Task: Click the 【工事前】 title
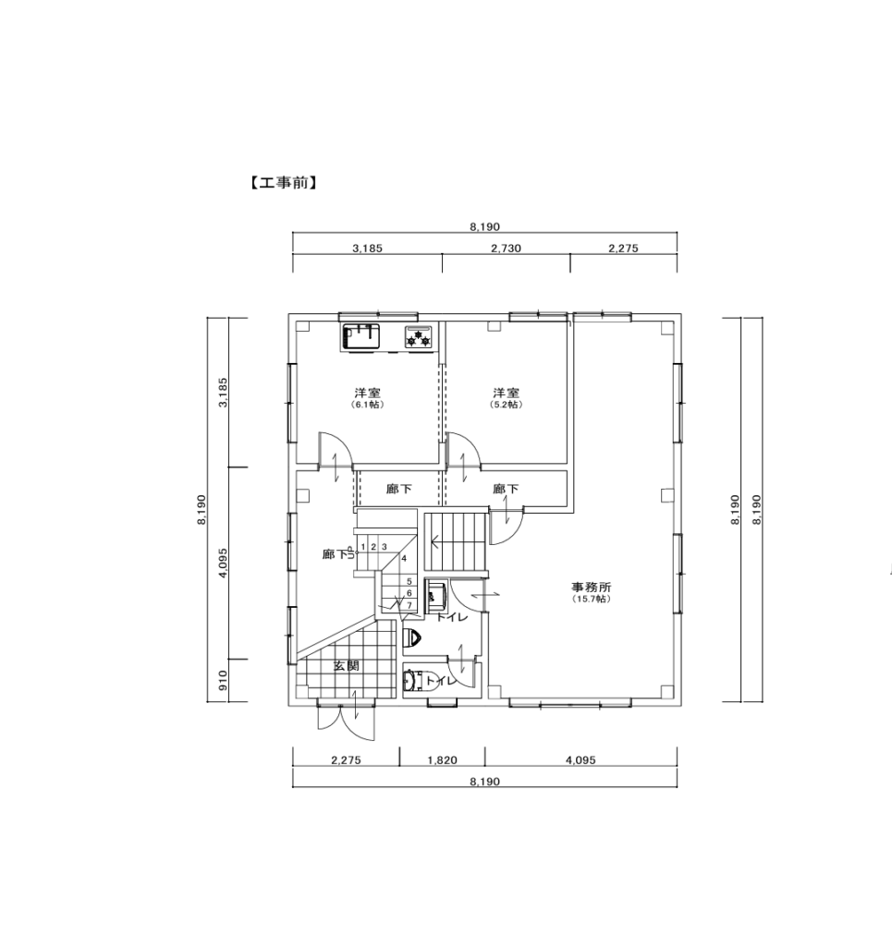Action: [x=283, y=183]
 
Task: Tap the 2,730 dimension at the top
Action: [x=506, y=248]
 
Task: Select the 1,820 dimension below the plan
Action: [x=443, y=760]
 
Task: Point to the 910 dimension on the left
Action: [x=224, y=681]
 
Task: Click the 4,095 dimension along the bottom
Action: [x=580, y=760]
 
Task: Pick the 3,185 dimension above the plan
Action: [x=368, y=248]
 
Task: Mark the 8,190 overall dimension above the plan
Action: [x=484, y=227]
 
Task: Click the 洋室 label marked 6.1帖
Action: [x=368, y=392]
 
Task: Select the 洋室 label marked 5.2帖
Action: [x=506, y=392]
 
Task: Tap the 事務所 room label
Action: [x=593, y=587]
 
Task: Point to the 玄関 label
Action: [x=347, y=665]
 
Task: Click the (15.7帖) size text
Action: [x=593, y=600]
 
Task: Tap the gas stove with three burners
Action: [x=419, y=337]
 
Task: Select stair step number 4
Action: [x=404, y=559]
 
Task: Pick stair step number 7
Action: [x=409, y=604]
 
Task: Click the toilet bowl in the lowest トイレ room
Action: [x=410, y=681]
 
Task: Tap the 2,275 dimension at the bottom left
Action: [x=346, y=760]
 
